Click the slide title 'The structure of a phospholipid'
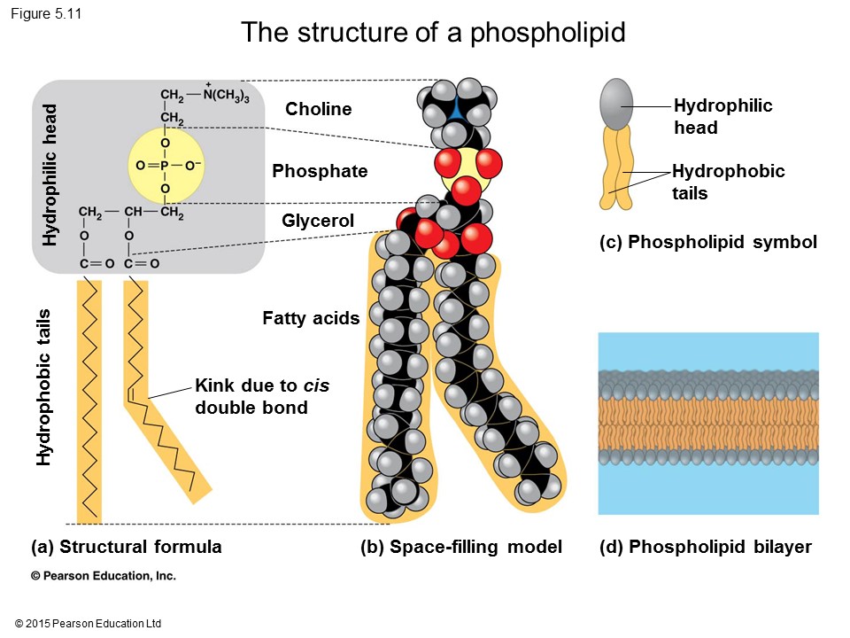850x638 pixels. [x=433, y=33]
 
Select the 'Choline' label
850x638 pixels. [x=318, y=109]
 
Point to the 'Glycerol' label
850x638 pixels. [x=318, y=221]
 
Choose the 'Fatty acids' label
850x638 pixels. [x=311, y=317]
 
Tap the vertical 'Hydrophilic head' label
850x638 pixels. [x=50, y=175]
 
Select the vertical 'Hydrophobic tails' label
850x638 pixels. [x=43, y=386]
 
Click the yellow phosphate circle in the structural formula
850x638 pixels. [x=165, y=164]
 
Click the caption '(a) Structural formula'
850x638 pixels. [x=126, y=547]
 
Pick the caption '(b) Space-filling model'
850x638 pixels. [x=461, y=547]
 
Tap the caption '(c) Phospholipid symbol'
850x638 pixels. [x=707, y=242]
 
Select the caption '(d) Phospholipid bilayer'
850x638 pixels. [x=705, y=547]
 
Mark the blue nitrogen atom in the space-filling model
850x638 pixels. [x=455, y=108]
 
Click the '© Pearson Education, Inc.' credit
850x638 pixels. [x=104, y=576]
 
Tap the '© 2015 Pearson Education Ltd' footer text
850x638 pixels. [x=89, y=624]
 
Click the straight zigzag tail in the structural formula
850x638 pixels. [x=89, y=399]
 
